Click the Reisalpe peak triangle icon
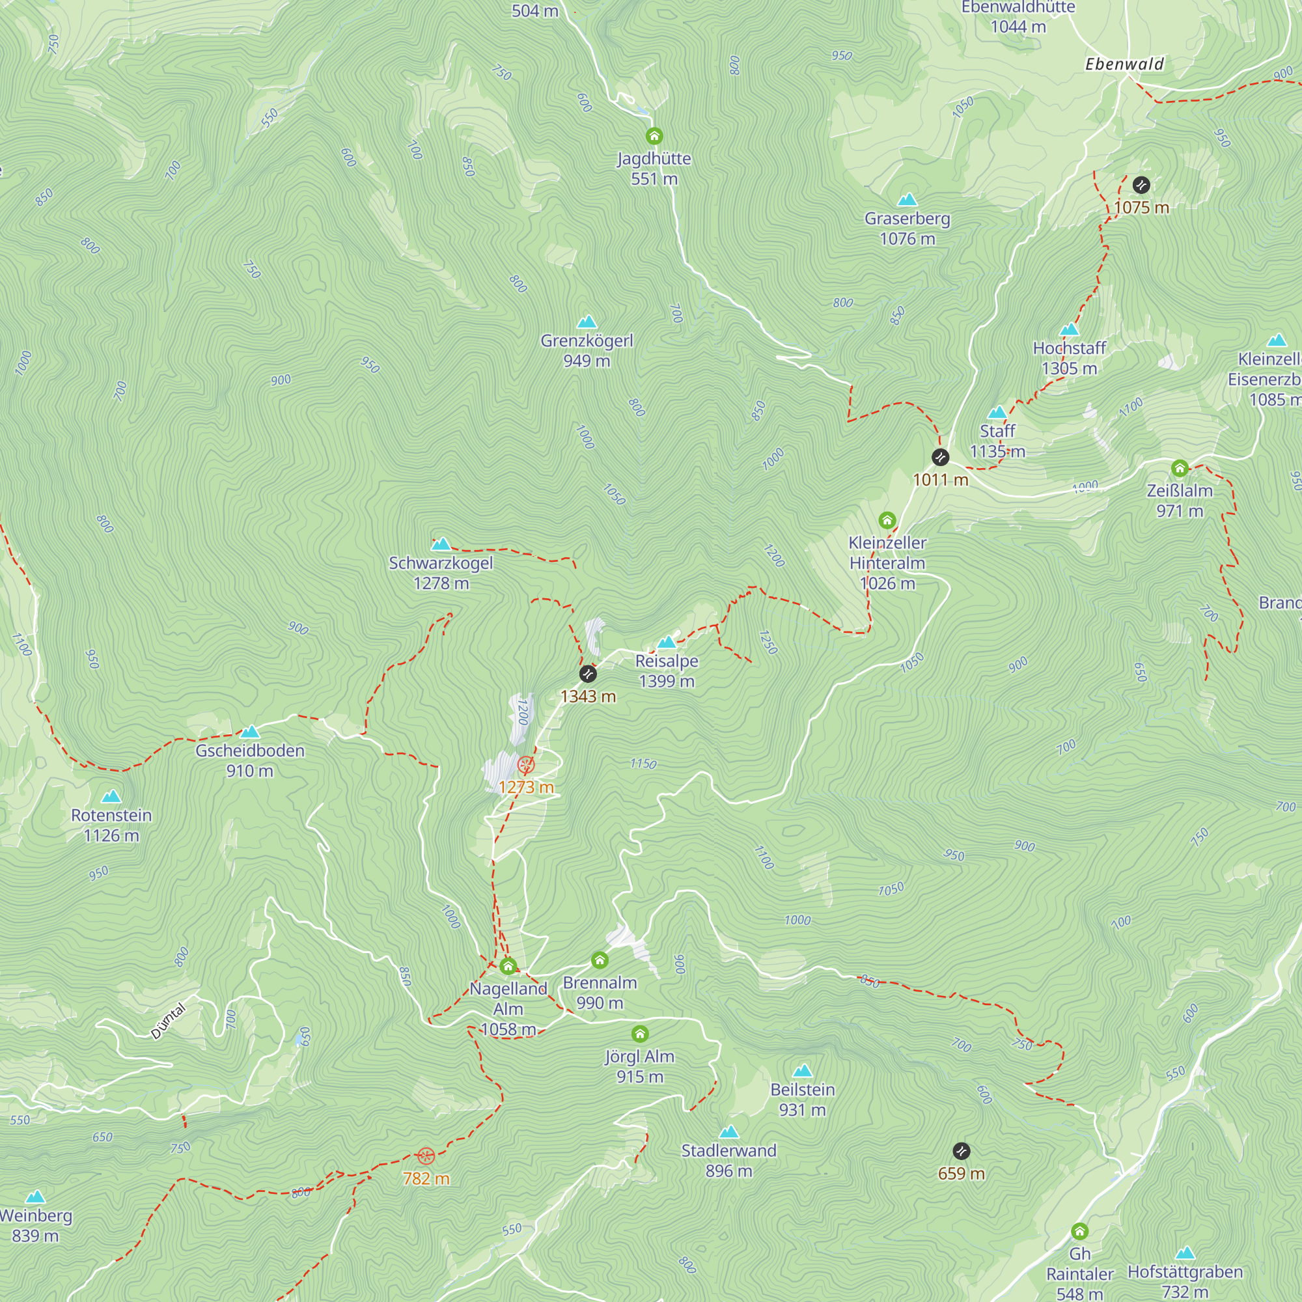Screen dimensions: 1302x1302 667,642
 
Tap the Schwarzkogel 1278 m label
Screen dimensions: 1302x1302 441,574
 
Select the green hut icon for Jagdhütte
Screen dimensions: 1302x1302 654,136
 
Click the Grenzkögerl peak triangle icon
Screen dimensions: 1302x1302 587,322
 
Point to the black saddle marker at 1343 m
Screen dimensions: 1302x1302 588,674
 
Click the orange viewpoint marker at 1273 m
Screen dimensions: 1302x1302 525,765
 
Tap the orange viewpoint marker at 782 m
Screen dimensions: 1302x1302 425,1156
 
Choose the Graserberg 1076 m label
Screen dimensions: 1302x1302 907,229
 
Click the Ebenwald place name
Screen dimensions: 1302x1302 1124,64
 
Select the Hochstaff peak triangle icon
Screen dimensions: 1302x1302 1070,329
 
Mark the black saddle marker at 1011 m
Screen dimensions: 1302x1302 940,458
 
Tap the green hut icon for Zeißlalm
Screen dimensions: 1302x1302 1180,468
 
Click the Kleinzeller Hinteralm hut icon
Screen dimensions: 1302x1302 887,520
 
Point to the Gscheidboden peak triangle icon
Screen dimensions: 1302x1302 249,732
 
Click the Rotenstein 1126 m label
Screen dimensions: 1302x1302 111,825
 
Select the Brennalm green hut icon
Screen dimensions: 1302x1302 599,960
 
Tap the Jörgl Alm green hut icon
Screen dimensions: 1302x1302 639,1034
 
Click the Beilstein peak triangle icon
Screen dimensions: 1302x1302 802,1071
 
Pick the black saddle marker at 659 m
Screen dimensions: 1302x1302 961,1151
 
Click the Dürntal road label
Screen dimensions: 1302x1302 167,1021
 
